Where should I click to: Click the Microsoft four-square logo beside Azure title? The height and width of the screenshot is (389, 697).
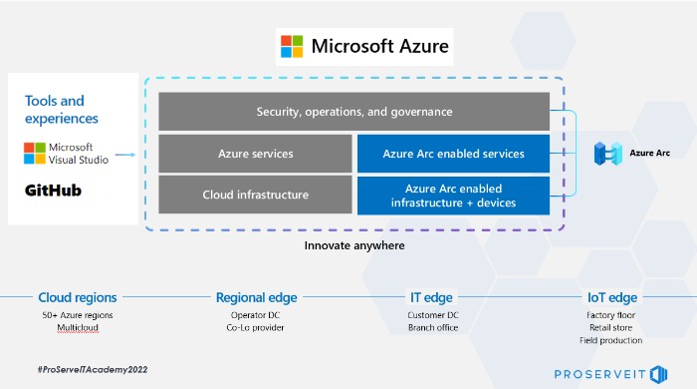[x=292, y=47]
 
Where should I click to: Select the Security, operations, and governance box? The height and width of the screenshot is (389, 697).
[x=354, y=112]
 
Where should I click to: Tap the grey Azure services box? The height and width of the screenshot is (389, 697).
[x=255, y=155]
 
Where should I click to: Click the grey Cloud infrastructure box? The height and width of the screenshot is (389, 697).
[x=255, y=195]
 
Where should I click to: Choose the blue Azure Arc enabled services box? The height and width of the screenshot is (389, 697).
[x=453, y=155]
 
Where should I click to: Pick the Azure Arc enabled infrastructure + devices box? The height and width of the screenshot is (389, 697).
[x=453, y=195]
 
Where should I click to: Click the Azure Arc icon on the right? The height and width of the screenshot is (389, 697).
[x=606, y=154]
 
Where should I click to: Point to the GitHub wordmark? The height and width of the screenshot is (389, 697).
[x=53, y=190]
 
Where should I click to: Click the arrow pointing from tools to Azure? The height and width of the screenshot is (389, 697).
[x=125, y=155]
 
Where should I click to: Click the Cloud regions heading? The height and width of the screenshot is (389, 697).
[x=78, y=297]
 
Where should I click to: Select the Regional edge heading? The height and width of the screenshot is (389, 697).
[x=256, y=297]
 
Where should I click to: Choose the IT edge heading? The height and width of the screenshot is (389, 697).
[x=431, y=297]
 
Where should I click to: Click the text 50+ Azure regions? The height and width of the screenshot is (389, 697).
[x=78, y=315]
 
